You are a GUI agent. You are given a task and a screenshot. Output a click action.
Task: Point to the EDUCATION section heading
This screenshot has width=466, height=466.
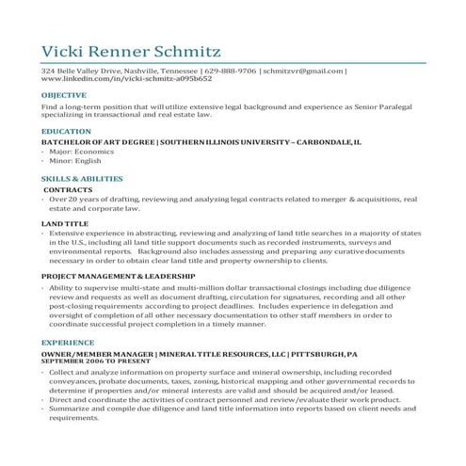pos(66,131)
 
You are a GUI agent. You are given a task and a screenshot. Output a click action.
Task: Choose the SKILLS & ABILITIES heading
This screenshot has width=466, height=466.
pos(83,177)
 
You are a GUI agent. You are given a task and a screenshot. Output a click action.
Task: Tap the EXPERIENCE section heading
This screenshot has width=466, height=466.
pos(68,344)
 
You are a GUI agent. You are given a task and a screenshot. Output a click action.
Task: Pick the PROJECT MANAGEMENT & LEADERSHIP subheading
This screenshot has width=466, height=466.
pos(118,275)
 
